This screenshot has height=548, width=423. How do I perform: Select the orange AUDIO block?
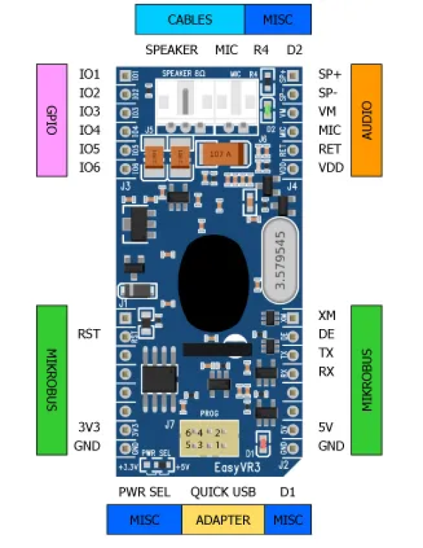(366, 120)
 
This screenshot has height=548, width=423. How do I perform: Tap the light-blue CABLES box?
(190, 19)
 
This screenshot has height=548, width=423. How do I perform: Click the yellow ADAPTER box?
(223, 520)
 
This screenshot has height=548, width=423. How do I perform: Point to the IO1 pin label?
(90, 74)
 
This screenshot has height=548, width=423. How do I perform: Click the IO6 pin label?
(90, 167)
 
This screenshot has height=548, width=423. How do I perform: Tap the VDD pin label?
(330, 167)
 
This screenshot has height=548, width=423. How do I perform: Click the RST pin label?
(89, 333)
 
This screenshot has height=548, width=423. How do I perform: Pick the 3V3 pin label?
(89, 427)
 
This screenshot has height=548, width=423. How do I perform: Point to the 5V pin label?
(326, 427)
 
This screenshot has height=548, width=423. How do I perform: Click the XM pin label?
(327, 315)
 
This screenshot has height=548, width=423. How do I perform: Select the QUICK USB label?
(223, 492)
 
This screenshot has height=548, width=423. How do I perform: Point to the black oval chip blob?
(213, 275)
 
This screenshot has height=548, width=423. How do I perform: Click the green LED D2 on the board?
(267, 111)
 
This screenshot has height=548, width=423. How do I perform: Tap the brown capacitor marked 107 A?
(223, 153)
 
